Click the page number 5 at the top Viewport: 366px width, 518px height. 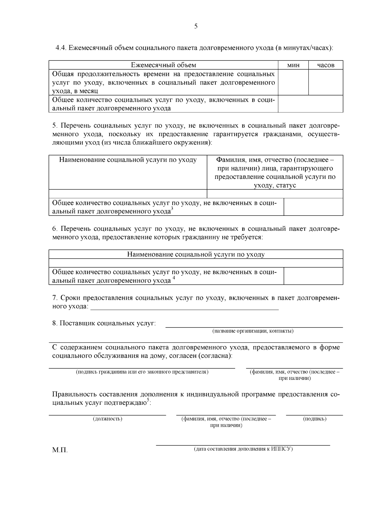(196, 26)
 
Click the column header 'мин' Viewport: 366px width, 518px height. (293, 65)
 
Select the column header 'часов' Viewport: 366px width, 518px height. (325, 65)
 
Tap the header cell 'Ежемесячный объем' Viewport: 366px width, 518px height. (163, 65)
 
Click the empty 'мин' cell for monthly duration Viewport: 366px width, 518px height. (293, 82)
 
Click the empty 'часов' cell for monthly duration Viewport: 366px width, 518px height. (325, 82)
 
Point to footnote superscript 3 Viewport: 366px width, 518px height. (172, 209)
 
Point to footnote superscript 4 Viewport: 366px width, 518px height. (174, 278)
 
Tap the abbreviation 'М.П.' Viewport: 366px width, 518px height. (60, 450)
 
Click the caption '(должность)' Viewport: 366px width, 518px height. (107, 419)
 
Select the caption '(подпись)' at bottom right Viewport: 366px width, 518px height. (314, 419)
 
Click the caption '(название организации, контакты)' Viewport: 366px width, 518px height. (253, 331)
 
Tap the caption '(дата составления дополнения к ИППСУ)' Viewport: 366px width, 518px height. (243, 449)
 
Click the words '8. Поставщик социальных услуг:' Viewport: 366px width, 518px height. (104, 323)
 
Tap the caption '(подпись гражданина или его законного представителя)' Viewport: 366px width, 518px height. (142, 372)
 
